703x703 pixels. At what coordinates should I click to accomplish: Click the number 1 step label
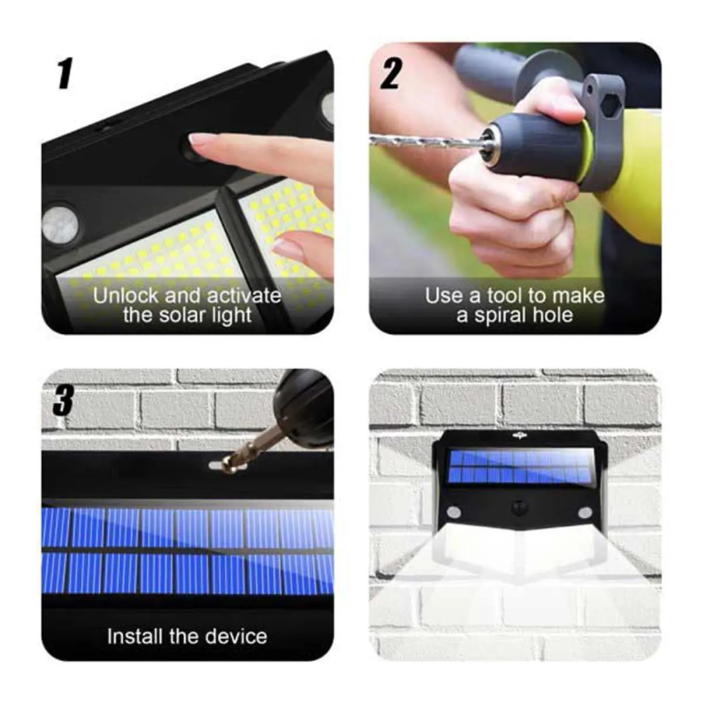point(65,73)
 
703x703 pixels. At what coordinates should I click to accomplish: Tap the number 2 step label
point(390,73)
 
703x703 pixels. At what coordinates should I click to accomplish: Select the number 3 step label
point(63,402)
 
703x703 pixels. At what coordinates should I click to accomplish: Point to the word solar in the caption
point(189,314)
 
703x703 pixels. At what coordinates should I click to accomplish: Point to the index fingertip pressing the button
point(198,140)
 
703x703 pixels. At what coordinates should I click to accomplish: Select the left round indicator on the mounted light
point(454,512)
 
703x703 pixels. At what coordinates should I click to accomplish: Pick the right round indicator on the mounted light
point(584,512)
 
